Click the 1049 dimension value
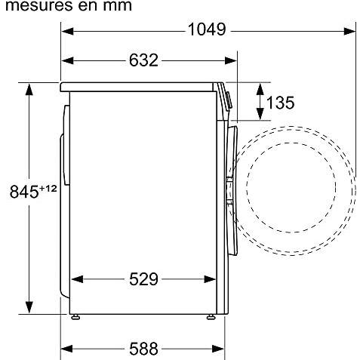click(x=207, y=29)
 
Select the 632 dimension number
click(x=143, y=60)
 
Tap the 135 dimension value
click(x=280, y=103)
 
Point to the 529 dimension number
click(x=143, y=279)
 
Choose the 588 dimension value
click(x=143, y=349)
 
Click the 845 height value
click(x=24, y=192)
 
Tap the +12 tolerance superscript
click(x=48, y=189)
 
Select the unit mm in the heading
click(x=117, y=5)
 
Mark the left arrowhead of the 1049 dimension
click(x=67, y=32)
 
